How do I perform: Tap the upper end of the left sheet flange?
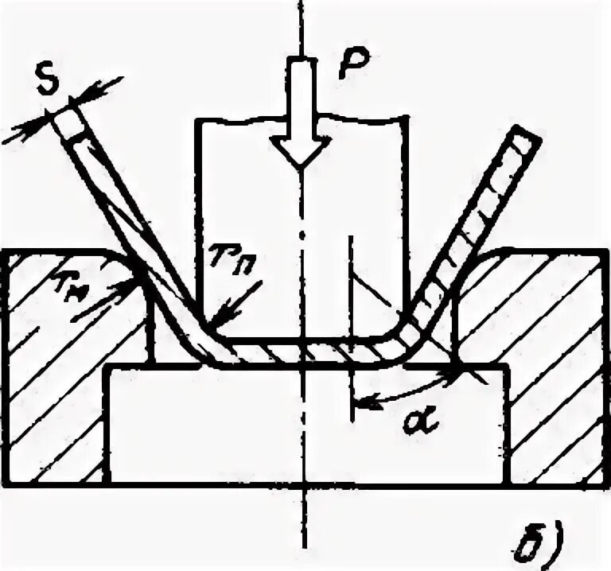click(x=70, y=118)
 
